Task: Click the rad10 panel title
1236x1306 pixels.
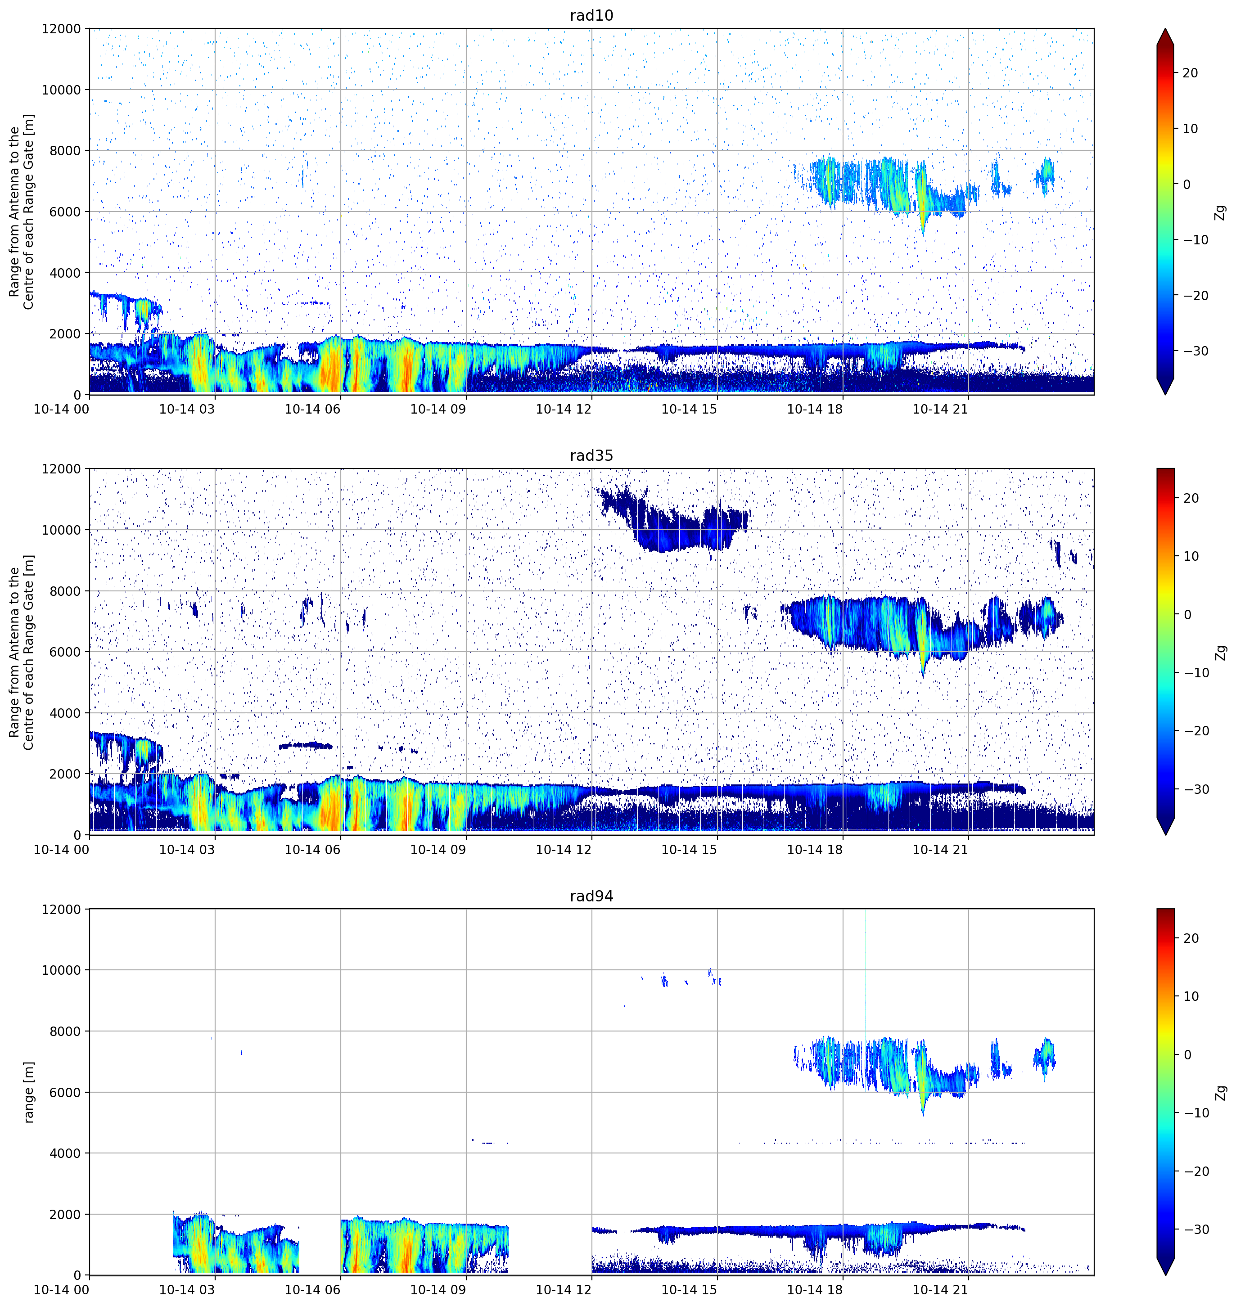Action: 591,15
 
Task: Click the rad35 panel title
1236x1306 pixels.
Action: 591,456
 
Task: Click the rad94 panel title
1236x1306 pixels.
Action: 591,896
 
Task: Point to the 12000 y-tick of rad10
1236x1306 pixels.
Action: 61,29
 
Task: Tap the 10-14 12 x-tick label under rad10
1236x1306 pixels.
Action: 564,409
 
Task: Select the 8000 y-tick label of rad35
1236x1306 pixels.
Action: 65,591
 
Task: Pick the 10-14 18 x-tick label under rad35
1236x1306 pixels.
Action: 815,850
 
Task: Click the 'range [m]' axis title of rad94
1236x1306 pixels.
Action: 28,1092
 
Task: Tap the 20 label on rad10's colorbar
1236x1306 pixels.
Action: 1191,73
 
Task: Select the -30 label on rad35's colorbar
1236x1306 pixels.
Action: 1192,789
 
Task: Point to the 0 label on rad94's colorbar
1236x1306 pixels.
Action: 1187,1054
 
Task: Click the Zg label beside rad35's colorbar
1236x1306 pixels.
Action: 1221,652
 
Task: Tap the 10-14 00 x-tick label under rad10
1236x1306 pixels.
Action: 61,409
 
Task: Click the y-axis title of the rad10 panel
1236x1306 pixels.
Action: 22,212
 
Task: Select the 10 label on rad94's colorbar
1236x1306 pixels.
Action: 1191,996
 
